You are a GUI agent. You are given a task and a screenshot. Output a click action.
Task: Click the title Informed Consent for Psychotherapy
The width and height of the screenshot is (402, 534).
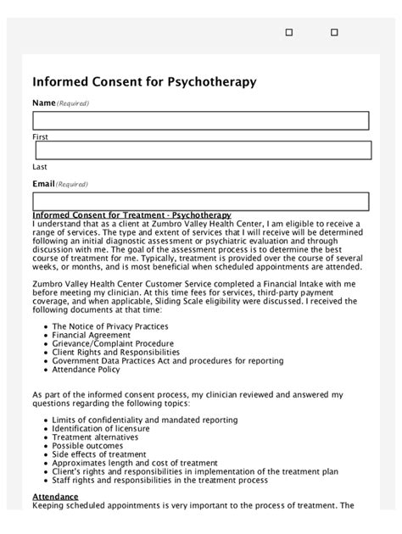(143, 82)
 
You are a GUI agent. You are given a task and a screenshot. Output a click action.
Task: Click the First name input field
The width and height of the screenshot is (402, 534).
(200, 120)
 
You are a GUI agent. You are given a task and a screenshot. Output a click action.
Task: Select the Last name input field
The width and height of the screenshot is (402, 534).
(202, 151)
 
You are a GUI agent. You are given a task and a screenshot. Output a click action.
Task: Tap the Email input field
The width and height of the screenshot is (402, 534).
(200, 201)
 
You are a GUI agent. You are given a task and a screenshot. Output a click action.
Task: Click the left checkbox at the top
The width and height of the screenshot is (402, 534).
(289, 32)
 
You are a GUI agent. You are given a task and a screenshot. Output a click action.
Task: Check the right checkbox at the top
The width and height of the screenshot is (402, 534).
(334, 32)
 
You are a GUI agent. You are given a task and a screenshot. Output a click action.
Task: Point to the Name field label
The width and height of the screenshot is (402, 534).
(43, 103)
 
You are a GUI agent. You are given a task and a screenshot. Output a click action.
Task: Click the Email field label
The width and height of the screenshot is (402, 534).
(43, 183)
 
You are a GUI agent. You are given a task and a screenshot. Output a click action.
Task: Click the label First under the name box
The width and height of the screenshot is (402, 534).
(40, 136)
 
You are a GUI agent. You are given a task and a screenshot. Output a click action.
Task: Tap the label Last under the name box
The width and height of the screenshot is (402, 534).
(39, 167)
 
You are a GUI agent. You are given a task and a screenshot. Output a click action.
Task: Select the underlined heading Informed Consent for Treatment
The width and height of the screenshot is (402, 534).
(131, 215)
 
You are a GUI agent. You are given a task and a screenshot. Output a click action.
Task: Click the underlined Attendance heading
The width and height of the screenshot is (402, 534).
(55, 496)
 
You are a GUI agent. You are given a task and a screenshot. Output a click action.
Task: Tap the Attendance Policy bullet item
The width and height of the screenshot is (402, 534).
(86, 370)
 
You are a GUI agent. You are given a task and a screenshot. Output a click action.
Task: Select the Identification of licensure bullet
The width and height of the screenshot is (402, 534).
(101, 429)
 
